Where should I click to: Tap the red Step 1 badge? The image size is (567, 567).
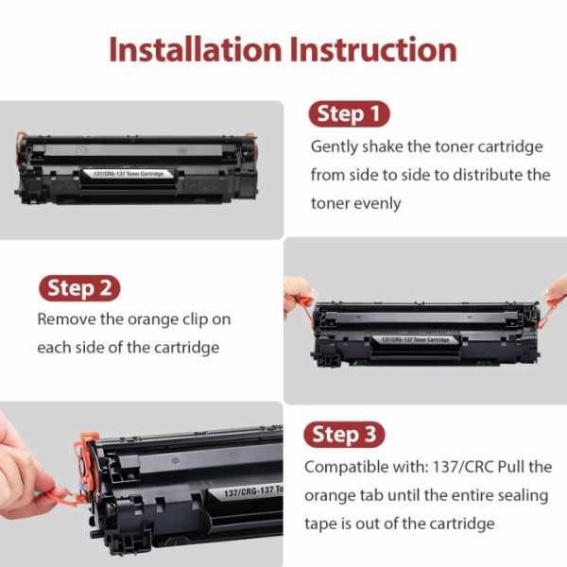pos(350,115)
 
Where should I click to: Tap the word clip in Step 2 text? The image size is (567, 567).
pos(211,319)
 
